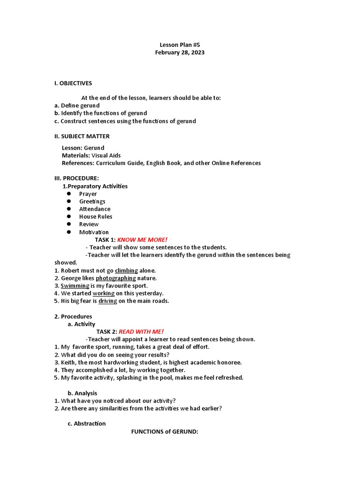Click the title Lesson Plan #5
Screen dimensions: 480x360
tap(180, 45)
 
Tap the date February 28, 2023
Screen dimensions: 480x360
tap(180, 52)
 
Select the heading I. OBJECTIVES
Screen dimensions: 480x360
tap(73, 83)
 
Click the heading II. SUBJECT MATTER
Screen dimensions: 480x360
tap(82, 136)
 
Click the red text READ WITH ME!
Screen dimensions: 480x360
tap(141, 331)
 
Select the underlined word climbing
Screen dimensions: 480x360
tap(126, 270)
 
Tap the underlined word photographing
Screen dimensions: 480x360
tap(116, 278)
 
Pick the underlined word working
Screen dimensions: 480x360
tap(104, 293)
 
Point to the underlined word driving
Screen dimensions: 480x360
tap(108, 301)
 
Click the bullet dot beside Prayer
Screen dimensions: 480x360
tap(68, 194)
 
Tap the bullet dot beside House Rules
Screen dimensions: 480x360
tap(68, 217)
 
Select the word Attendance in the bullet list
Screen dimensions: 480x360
tap(95, 209)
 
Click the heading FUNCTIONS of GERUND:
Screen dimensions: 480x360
tap(165, 431)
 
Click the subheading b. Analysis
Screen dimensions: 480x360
tap(82, 393)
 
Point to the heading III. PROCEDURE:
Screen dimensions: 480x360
tap(77, 179)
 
